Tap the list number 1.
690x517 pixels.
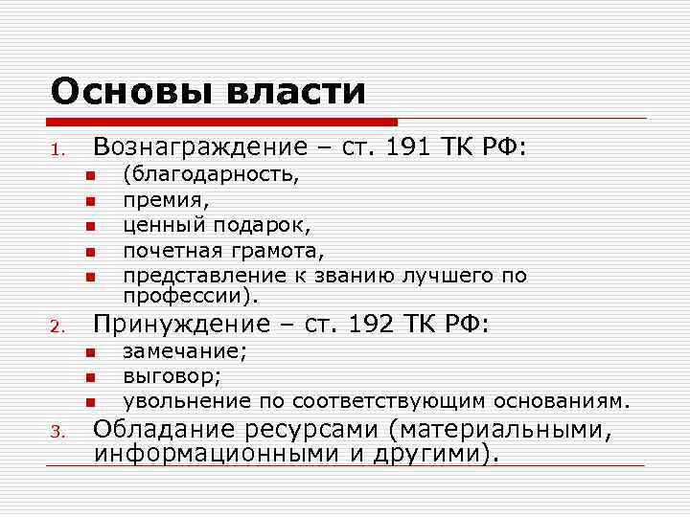[57, 150]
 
